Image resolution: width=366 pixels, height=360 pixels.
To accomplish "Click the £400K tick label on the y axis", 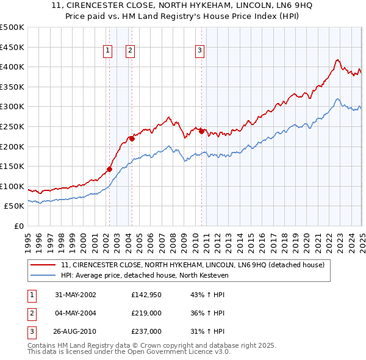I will click(12, 67).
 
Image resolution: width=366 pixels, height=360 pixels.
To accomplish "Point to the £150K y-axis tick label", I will click(12, 166).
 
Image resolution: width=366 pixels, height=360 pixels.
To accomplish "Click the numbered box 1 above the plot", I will click(107, 51).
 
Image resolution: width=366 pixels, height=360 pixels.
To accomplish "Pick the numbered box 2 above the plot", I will click(130, 51).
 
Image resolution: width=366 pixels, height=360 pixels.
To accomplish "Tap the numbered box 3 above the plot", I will click(199, 51).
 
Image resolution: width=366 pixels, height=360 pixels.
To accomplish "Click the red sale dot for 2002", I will click(110, 169).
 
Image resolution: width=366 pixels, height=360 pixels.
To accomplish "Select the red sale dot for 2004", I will click(131, 139).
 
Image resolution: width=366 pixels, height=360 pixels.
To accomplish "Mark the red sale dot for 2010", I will click(201, 131).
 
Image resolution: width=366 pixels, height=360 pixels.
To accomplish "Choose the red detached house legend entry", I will click(195, 265).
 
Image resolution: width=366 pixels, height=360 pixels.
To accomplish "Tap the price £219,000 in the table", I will click(146, 313).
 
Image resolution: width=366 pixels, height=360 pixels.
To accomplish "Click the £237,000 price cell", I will click(146, 331).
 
